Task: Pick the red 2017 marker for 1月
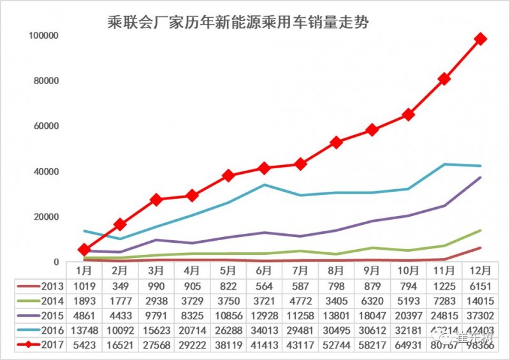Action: (84, 250)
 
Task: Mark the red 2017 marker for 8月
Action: (337, 143)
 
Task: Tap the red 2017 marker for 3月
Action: (156, 200)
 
